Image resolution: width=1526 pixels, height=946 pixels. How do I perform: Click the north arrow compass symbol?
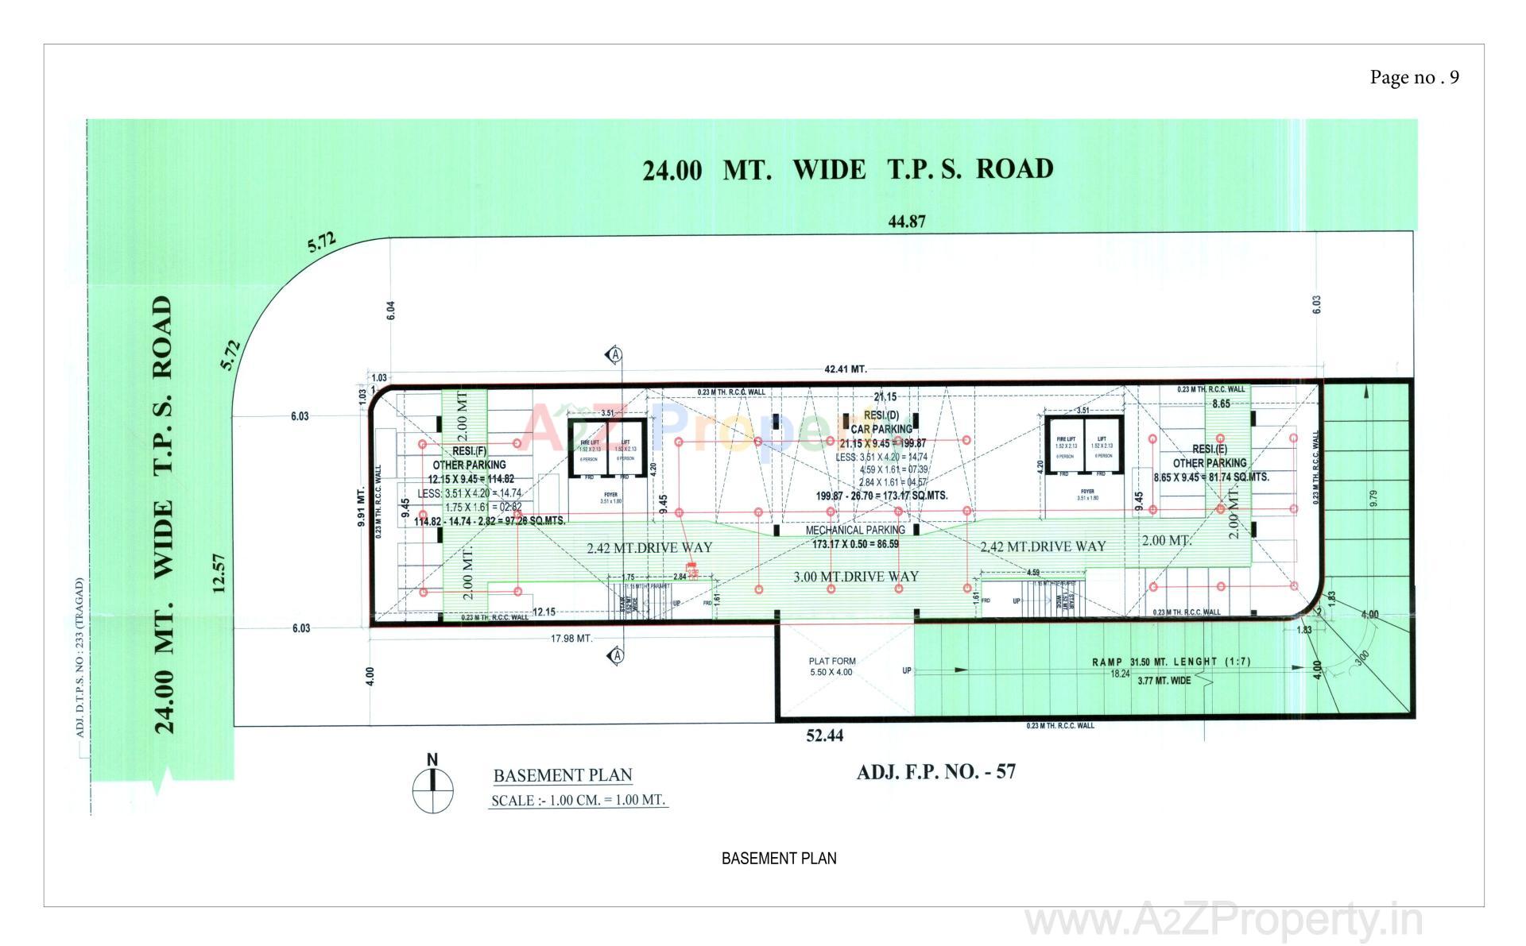pyautogui.click(x=432, y=789)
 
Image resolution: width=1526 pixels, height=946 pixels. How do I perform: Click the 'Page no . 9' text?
pyautogui.click(x=1414, y=77)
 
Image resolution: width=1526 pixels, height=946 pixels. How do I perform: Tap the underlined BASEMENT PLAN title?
pyautogui.click(x=563, y=775)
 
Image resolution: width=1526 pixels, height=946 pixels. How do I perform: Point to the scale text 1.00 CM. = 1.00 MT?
pyautogui.click(x=579, y=800)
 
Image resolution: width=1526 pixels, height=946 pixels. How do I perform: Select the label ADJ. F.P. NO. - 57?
pyautogui.click(x=935, y=771)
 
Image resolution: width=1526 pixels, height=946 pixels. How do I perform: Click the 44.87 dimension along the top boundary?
pyautogui.click(x=907, y=222)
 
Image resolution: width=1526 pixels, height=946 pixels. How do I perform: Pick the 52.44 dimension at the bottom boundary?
pyautogui.click(x=824, y=736)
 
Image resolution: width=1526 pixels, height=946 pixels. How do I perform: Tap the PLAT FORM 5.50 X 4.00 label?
pyautogui.click(x=832, y=666)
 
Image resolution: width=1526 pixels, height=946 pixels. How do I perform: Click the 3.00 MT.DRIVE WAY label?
pyautogui.click(x=855, y=577)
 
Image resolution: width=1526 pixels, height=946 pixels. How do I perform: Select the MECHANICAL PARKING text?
pyautogui.click(x=855, y=530)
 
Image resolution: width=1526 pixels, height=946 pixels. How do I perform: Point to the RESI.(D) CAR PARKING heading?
pyautogui.click(x=881, y=422)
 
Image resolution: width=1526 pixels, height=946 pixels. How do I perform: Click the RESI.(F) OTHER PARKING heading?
pyautogui.click(x=468, y=458)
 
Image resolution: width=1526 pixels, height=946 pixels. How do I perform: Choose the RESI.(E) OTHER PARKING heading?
pyautogui.click(x=1210, y=456)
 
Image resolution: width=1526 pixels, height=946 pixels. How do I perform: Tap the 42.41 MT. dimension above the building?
pyautogui.click(x=846, y=369)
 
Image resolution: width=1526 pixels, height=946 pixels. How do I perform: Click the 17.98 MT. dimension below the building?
pyautogui.click(x=571, y=639)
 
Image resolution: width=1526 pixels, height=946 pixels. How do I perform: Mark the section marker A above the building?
pyautogui.click(x=614, y=355)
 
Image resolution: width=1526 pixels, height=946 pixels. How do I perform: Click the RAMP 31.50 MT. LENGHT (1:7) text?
pyautogui.click(x=1171, y=662)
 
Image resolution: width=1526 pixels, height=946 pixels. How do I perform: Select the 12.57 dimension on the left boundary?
pyautogui.click(x=220, y=573)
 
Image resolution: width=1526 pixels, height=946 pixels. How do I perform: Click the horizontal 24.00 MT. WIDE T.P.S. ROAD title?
pyautogui.click(x=848, y=170)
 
